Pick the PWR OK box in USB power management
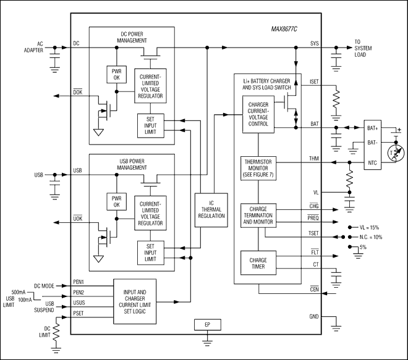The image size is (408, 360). coord(116,201)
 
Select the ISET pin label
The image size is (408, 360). coord(313,82)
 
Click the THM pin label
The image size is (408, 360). coord(313,157)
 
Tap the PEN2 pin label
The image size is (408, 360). coord(79,292)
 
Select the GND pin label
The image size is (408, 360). coord(313,317)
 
